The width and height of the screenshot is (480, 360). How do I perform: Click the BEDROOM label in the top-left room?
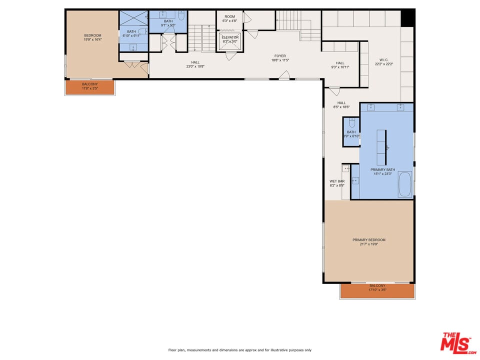[x=92, y=37]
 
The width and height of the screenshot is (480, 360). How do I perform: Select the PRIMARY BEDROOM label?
[x=369, y=242]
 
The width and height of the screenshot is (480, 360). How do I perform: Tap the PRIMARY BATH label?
[x=382, y=171]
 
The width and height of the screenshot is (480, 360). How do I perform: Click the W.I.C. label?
[x=384, y=62]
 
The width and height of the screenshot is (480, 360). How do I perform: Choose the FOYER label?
[x=280, y=58]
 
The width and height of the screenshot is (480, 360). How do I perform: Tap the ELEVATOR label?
[x=230, y=39]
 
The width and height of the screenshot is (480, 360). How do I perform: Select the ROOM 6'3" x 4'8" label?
[x=229, y=18]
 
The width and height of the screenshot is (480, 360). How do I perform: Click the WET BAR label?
[x=336, y=183]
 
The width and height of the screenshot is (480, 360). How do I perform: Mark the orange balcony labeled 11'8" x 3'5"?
[x=90, y=87]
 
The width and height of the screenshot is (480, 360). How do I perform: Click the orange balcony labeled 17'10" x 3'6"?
[x=377, y=290]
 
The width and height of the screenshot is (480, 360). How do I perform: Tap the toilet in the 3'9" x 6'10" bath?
[x=351, y=122]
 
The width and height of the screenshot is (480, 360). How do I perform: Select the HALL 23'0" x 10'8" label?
[x=195, y=64]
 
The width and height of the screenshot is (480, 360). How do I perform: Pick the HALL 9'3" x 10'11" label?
[x=340, y=65]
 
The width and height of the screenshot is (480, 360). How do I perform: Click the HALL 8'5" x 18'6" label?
[x=341, y=105]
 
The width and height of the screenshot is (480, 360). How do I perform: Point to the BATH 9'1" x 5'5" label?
[x=168, y=23]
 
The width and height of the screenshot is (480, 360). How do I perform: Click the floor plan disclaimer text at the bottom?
[x=240, y=350]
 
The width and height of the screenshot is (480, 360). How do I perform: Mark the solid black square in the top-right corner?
[x=408, y=17]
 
